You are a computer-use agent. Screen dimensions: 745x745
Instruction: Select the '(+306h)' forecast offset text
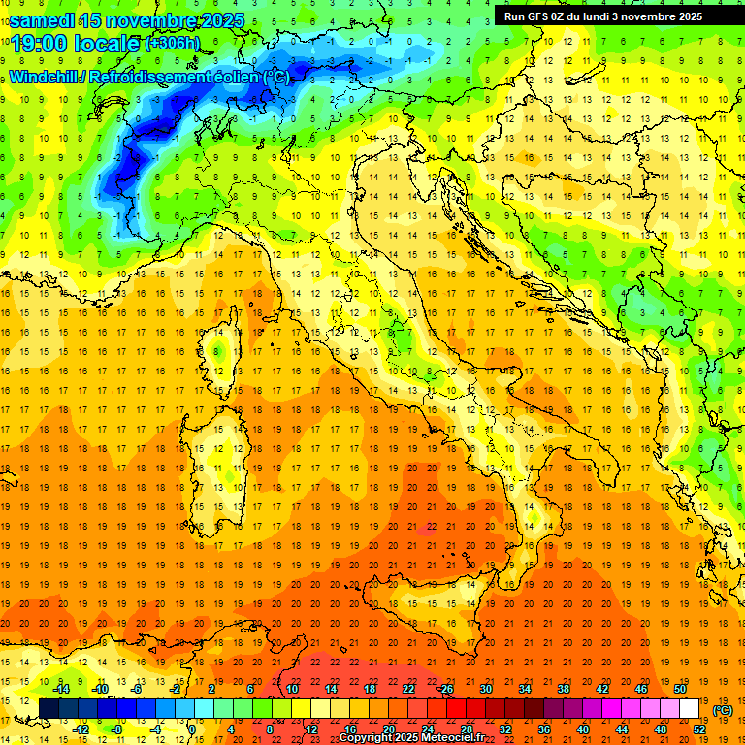point(172,44)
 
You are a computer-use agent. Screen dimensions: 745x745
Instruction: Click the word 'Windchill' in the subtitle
point(46,77)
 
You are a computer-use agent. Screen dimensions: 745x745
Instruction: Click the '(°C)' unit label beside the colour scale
point(723,710)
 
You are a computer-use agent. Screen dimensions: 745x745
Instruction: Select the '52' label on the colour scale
point(699,729)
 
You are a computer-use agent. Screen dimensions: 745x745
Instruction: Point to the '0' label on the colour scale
point(192,729)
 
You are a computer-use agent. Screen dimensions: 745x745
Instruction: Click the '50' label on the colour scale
point(680,688)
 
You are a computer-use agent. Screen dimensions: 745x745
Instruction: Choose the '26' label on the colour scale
point(447,688)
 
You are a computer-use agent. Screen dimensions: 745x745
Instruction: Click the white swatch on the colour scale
point(690,708)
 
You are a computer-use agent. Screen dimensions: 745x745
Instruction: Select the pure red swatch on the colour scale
point(457,708)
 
